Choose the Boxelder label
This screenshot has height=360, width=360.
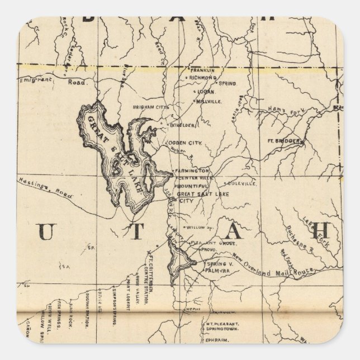click(181, 125)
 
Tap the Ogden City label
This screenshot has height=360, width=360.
click(188, 143)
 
